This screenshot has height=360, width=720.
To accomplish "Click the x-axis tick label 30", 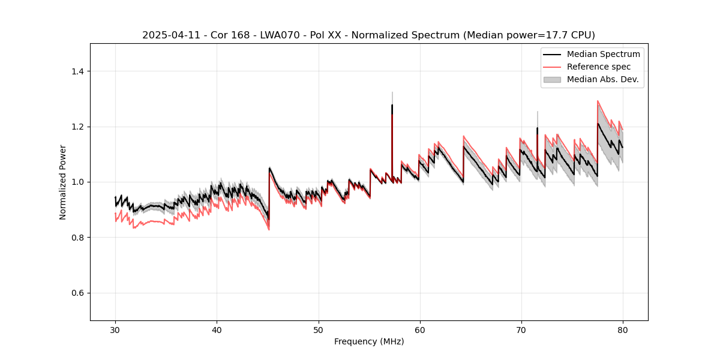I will point(115,330).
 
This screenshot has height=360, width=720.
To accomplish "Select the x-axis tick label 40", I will point(217,330).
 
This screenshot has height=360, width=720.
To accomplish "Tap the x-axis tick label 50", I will point(318,330).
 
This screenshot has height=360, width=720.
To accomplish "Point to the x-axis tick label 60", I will point(420,330).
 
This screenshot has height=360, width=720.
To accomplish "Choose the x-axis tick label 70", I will point(521,330).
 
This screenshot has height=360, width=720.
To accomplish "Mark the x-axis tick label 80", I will point(623,330).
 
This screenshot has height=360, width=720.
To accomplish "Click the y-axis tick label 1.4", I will point(77,71).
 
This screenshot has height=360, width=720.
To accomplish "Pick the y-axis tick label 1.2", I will point(77,127).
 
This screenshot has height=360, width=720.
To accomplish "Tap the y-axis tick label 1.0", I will point(77,182).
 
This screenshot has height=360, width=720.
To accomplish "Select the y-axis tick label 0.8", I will point(77,238).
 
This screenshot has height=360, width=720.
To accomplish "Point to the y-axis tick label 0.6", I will point(77,293).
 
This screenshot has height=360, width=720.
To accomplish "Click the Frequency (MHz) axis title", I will point(369,341).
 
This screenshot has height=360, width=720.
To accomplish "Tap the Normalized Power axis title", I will point(63,182).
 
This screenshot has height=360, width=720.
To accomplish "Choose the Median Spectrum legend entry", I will point(603,54).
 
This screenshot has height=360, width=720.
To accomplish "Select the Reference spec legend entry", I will point(599,67).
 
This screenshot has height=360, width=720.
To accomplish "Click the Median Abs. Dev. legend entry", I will point(602,79).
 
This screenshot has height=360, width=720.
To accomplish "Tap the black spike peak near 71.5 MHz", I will point(537,128).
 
